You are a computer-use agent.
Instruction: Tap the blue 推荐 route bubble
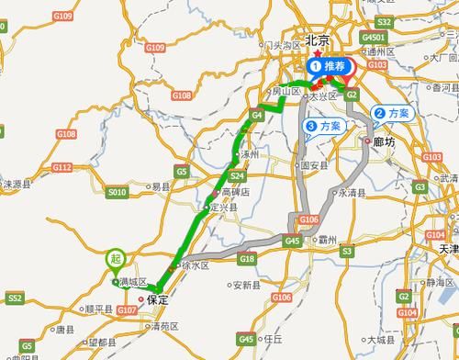click(329, 66)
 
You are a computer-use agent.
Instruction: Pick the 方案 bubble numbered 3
click(323, 126)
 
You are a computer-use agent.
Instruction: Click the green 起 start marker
click(115, 260)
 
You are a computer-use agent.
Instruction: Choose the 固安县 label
click(315, 166)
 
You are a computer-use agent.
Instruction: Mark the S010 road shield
click(117, 193)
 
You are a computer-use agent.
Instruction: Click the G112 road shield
click(62, 167)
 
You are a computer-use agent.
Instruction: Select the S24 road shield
click(238, 176)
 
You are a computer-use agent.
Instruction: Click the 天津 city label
click(447, 249)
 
